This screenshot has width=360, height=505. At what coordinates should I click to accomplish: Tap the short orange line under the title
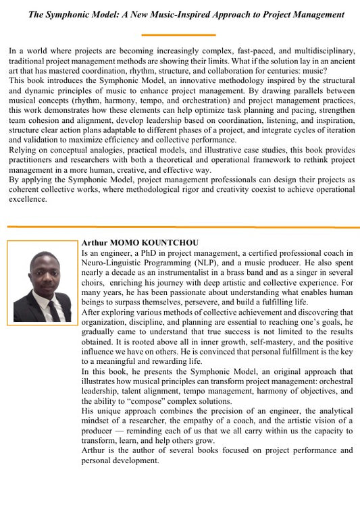[180, 34]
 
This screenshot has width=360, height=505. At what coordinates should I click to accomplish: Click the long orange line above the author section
[180, 227]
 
